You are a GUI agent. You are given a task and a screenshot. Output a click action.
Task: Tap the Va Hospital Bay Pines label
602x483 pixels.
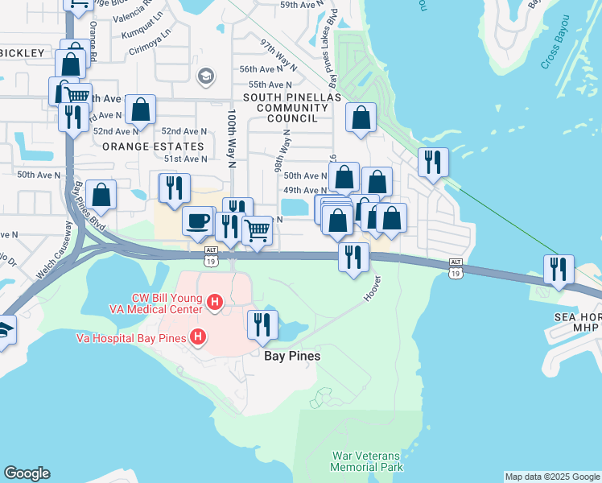point(130,338)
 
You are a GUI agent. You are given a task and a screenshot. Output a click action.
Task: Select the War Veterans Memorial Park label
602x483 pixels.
point(368,461)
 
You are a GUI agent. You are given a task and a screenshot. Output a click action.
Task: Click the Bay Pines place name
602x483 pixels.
point(293,355)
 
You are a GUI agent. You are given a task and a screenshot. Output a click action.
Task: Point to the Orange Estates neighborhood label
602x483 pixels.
point(153,147)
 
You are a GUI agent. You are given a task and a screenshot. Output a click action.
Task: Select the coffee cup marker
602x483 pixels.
point(197,221)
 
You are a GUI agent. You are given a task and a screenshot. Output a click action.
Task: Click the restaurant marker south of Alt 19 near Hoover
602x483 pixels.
point(353,257)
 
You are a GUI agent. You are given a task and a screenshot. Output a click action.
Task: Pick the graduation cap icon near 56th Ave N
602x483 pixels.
point(205,76)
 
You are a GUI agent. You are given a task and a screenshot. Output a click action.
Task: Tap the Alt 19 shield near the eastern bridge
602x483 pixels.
point(456,268)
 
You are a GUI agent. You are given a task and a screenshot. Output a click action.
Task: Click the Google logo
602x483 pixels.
point(27,473)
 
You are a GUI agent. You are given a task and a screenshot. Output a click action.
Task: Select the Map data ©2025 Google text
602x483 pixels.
point(551,477)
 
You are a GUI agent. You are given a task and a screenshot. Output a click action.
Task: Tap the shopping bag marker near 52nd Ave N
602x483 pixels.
point(140,111)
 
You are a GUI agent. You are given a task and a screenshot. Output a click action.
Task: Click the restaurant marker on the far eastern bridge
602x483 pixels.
point(558,269)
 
